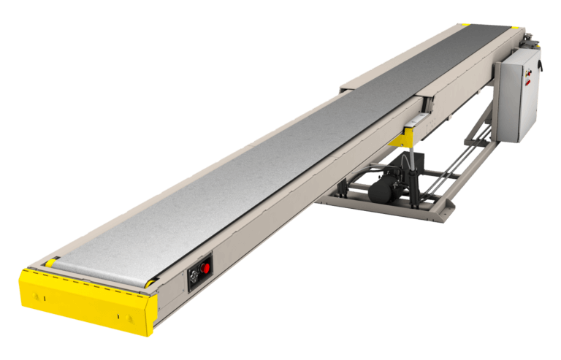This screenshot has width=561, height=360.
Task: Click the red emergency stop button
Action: (x=205, y=268)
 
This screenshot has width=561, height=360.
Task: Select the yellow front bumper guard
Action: (x=84, y=299)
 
